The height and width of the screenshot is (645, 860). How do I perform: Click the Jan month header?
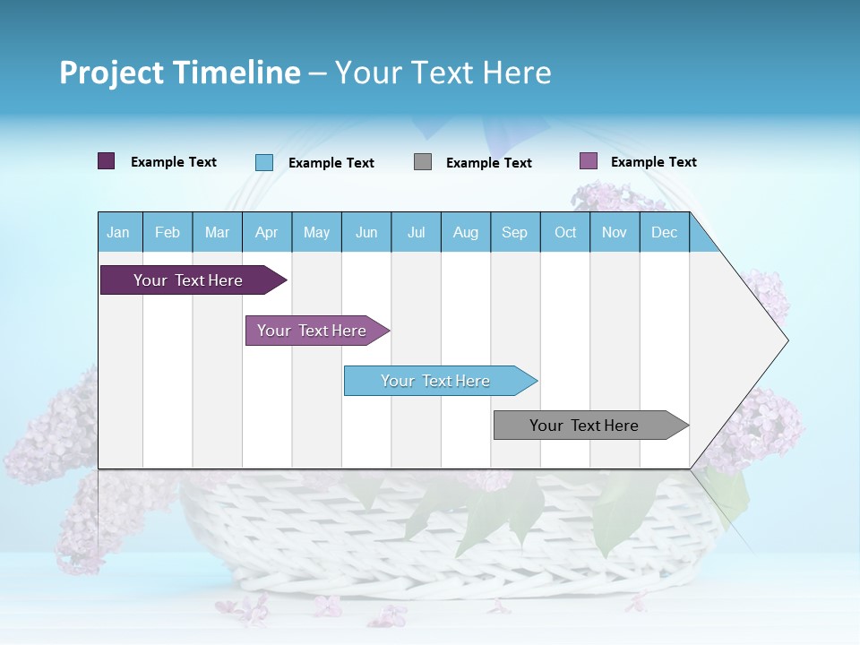click(x=118, y=232)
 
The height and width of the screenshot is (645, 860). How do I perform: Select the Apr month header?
click(x=266, y=232)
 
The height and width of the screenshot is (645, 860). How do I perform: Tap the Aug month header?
click(x=465, y=232)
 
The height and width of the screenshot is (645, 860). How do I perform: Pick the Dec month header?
click(x=664, y=232)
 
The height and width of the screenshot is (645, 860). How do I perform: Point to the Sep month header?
click(x=514, y=232)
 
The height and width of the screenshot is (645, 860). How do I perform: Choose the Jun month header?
click(x=366, y=232)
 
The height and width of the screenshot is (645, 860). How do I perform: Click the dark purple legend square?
click(x=106, y=161)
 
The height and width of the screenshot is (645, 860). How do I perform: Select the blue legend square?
click(x=263, y=162)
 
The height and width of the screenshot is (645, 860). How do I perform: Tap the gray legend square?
click(x=423, y=162)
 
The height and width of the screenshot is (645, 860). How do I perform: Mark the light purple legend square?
click(x=588, y=161)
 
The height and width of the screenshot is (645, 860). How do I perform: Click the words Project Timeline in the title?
click(x=179, y=73)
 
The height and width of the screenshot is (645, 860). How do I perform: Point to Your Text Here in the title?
click(x=443, y=73)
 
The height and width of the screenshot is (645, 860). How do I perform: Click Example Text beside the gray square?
click(x=488, y=163)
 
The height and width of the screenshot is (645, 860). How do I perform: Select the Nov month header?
click(x=614, y=232)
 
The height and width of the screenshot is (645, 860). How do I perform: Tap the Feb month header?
click(x=168, y=232)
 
